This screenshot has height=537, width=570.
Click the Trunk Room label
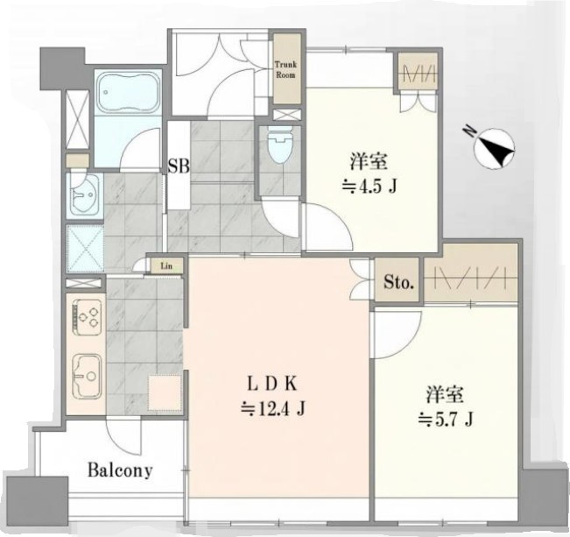285,70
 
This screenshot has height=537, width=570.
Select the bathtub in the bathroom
128,92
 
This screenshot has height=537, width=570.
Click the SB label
179,166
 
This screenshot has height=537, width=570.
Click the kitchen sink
87,376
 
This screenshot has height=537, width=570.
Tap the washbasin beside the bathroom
84,194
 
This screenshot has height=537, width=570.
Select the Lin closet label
166,265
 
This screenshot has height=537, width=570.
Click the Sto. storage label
398,281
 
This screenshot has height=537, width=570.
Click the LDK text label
272,384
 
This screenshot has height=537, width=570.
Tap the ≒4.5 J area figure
369,187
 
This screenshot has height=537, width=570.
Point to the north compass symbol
496,147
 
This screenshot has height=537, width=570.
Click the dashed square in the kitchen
165,393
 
